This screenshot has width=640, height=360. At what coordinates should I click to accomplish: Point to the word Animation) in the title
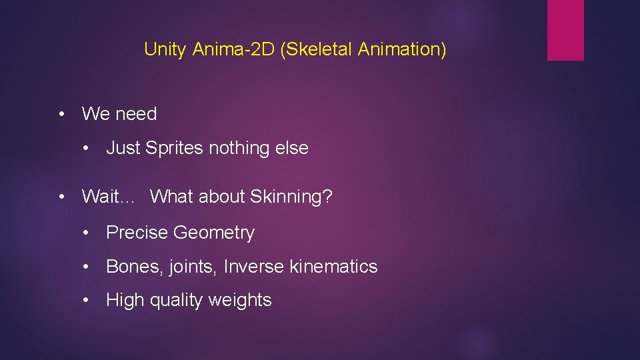402,49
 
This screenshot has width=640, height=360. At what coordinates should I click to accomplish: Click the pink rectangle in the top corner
565,30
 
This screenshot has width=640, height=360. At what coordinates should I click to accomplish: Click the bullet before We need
61,114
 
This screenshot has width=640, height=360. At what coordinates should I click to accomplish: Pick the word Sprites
174,148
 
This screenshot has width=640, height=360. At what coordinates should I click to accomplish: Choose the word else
292,148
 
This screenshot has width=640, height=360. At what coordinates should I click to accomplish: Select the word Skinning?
291,197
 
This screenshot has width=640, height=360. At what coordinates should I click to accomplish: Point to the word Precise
137,233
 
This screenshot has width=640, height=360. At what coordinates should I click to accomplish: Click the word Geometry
213,233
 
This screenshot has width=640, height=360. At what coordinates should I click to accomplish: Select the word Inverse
254,267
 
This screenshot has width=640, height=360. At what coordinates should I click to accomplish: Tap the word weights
240,301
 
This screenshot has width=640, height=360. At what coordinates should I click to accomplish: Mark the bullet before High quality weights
86,301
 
